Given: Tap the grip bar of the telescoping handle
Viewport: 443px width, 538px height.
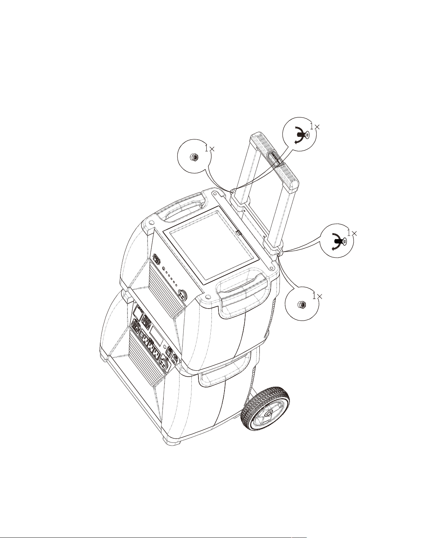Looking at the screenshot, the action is coord(275,162).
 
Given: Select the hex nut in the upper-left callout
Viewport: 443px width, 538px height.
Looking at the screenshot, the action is coord(194,157).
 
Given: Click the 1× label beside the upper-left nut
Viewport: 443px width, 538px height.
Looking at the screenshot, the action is coord(210,148).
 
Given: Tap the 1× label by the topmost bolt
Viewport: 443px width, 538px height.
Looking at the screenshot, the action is coord(314,126).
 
